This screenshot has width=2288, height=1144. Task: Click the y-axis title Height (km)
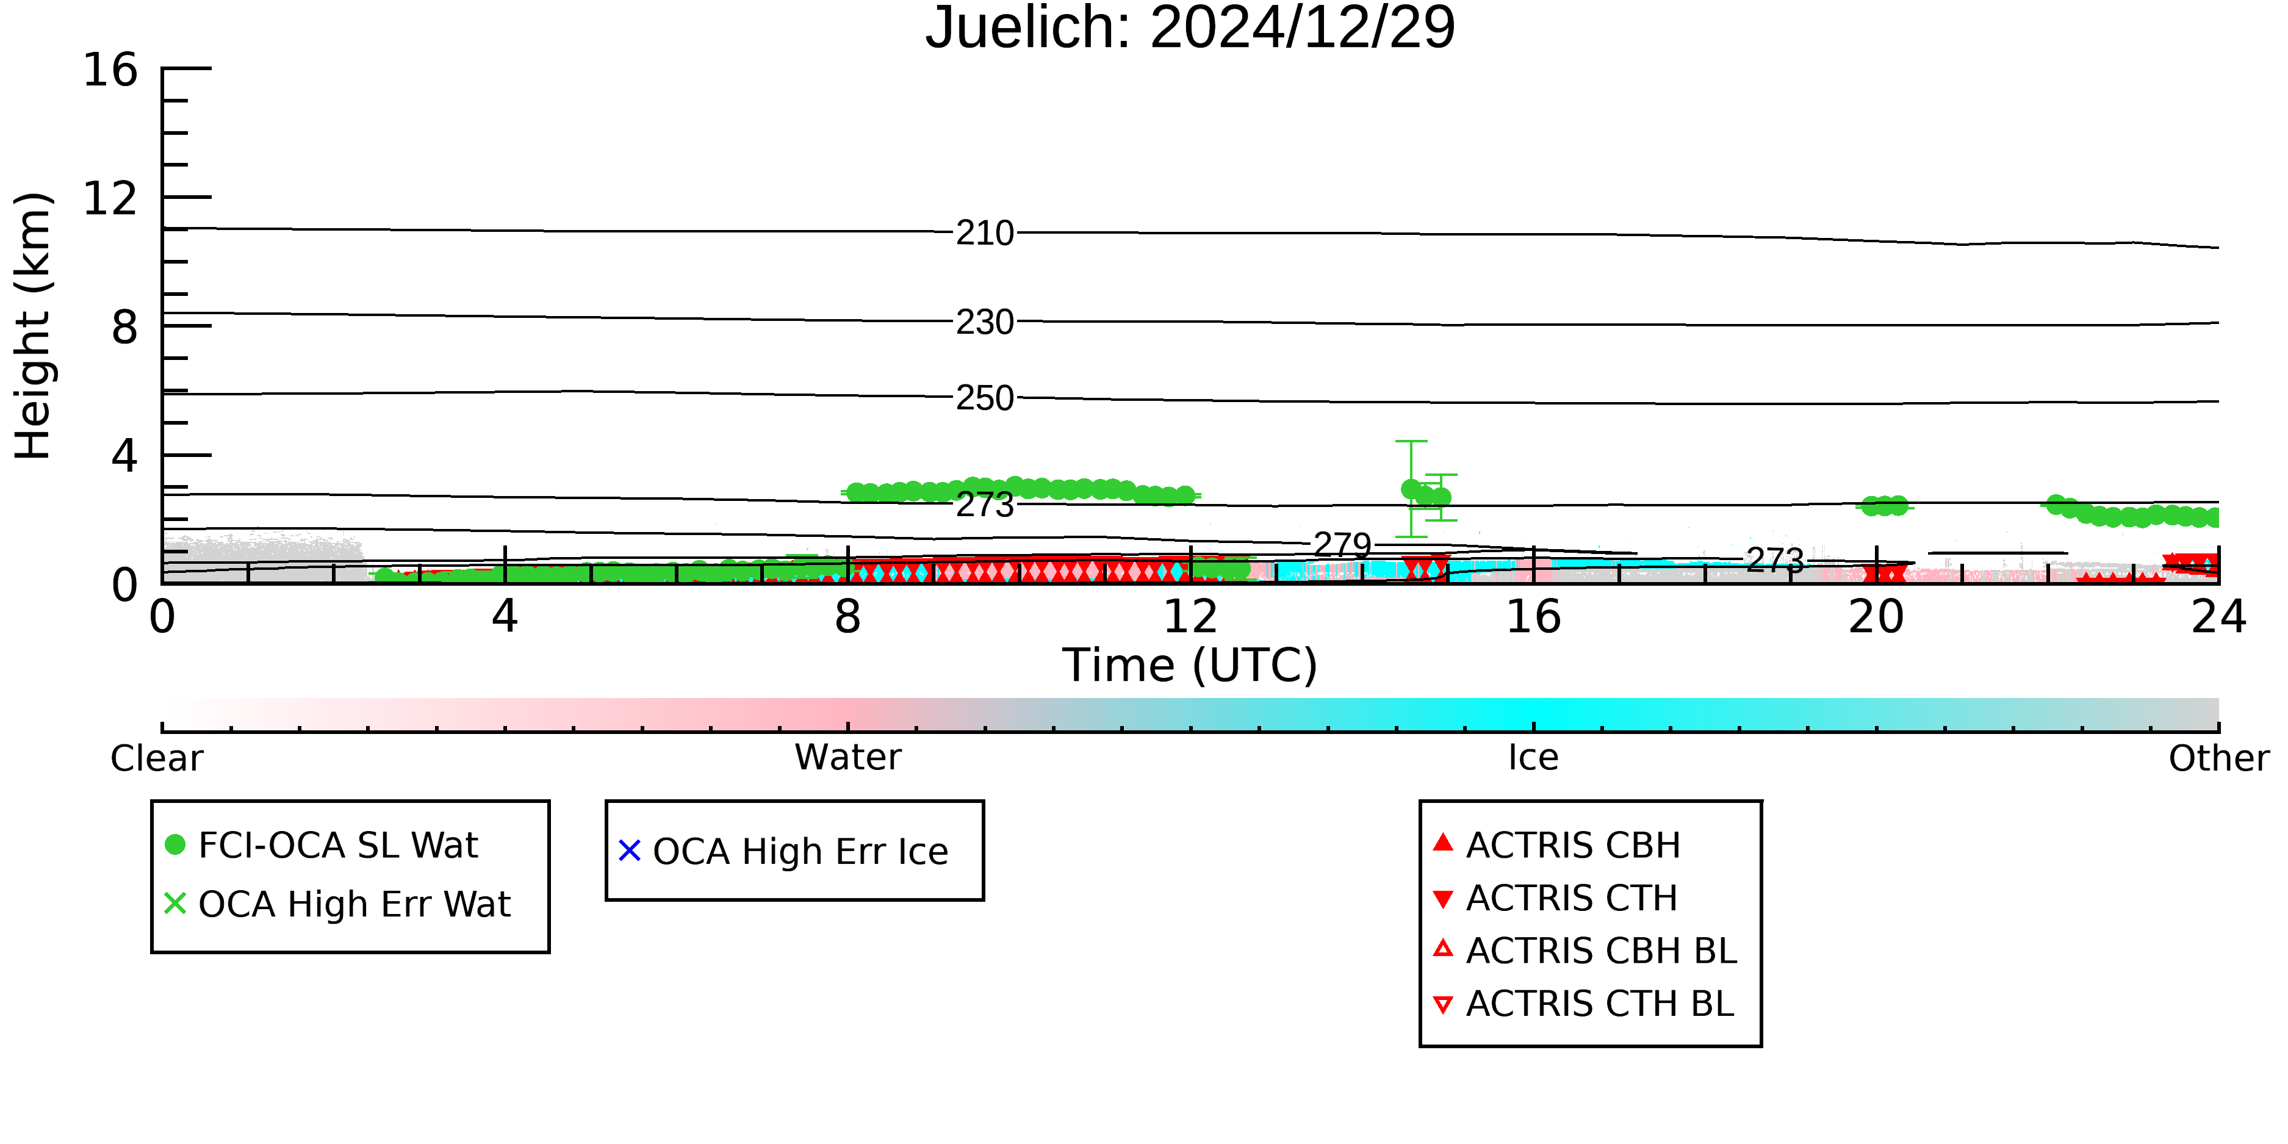coord(33,326)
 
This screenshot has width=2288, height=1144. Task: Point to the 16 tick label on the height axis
coord(110,70)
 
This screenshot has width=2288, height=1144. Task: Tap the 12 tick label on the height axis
coord(110,198)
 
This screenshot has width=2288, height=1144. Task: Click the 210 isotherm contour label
coord(985,234)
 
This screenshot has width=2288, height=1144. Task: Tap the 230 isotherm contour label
coord(985,322)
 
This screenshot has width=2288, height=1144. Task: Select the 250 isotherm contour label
coord(985,398)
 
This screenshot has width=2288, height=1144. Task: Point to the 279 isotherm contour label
coord(1343,544)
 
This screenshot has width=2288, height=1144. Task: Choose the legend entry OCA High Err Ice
coord(783,851)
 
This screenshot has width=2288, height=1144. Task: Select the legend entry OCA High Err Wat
coord(337,904)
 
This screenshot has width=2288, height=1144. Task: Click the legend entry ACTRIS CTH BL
coord(1584,1004)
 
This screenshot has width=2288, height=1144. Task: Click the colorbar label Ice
coord(1533,758)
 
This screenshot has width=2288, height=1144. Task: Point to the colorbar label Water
coord(847,758)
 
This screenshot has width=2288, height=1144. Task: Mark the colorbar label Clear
coord(156,758)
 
